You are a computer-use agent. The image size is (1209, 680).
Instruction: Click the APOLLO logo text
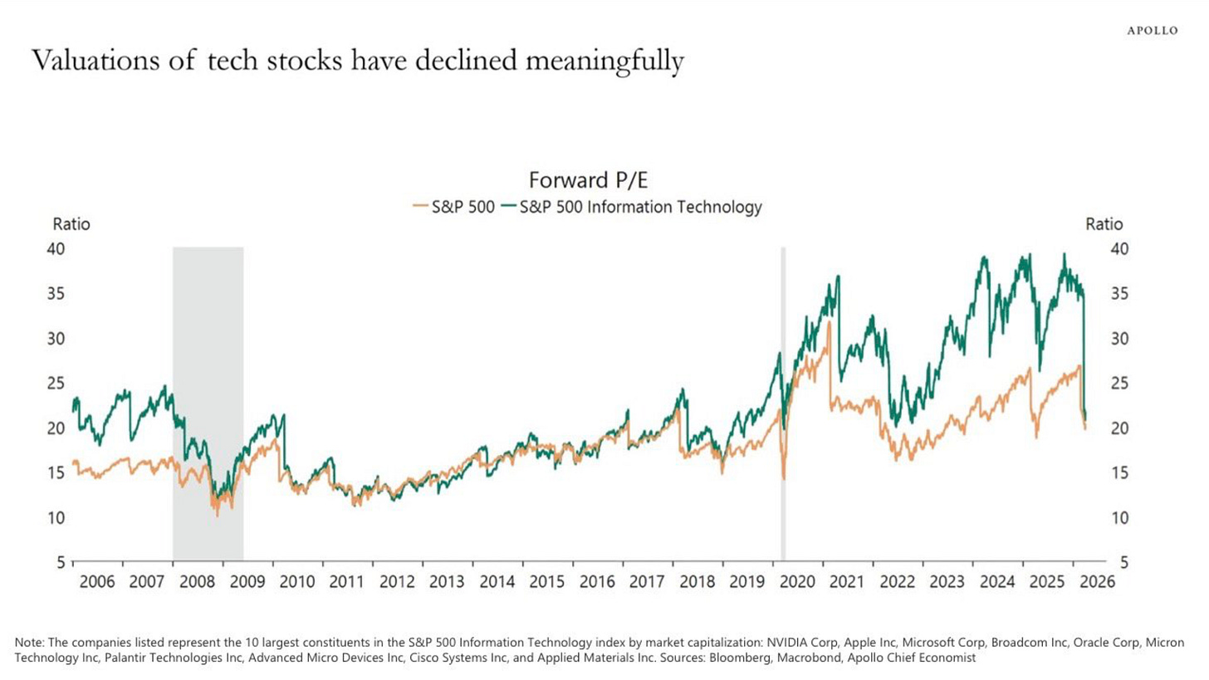click(1152, 31)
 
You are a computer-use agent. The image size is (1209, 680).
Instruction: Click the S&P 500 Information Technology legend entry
click(640, 207)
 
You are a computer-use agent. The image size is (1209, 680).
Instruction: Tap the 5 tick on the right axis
click(1124, 562)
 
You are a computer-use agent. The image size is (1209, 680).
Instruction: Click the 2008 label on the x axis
click(197, 581)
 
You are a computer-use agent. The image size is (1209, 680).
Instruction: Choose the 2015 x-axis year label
click(547, 581)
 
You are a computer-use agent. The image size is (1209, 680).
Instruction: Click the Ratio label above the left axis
click(71, 224)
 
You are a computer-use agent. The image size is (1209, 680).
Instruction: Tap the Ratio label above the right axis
click(1104, 224)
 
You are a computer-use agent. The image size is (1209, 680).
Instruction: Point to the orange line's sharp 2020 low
click(784, 478)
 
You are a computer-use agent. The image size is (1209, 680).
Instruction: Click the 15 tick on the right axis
click(1119, 472)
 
